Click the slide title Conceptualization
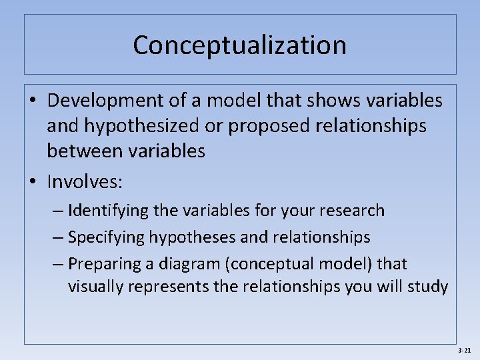239,45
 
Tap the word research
352,211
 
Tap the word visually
91,287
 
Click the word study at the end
429,287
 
